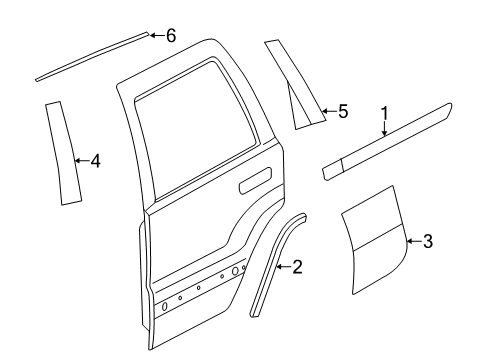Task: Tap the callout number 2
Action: coord(298,266)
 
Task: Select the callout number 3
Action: coord(428,240)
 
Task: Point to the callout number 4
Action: coord(95,159)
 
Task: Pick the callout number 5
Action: coord(342,112)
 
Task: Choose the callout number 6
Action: coord(170,36)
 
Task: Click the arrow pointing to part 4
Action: coord(81,159)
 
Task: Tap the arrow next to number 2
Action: coord(284,266)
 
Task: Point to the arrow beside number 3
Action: coord(414,240)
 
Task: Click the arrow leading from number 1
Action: coord(382,128)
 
